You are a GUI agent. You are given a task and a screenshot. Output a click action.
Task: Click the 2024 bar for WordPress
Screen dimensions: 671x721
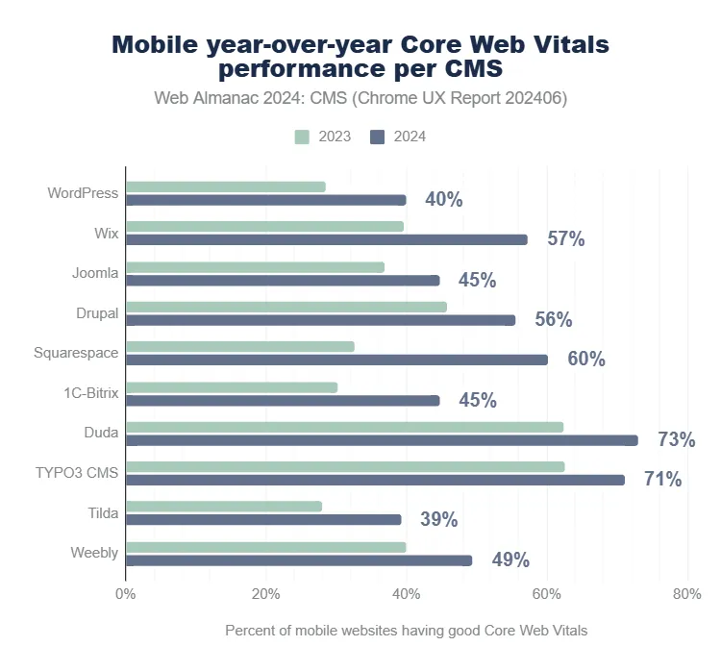point(265,200)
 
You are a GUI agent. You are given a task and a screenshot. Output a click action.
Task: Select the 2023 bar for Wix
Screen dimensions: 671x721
point(264,226)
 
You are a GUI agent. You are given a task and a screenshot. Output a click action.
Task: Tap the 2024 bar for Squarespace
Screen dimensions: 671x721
point(336,360)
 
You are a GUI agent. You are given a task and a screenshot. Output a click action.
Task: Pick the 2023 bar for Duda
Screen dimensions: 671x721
point(344,426)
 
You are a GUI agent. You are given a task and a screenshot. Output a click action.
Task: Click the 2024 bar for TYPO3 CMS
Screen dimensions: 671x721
point(375,480)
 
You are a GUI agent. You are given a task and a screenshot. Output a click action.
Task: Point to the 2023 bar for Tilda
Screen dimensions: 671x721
point(224,506)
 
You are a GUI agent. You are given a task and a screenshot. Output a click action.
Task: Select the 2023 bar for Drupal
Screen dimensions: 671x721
point(286,307)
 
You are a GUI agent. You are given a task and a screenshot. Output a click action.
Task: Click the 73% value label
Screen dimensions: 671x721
point(676,440)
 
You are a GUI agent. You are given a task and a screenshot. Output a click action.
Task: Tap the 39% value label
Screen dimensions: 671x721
point(438,520)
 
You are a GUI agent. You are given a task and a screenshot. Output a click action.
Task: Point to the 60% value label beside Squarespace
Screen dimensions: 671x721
point(586,360)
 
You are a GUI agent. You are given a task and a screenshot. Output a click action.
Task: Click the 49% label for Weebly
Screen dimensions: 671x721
point(510,560)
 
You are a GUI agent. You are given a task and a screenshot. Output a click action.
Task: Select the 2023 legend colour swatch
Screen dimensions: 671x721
point(302,137)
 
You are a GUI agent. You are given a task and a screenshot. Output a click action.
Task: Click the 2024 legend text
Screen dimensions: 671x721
point(409,137)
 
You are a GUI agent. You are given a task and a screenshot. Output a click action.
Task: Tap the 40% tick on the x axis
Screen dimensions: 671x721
point(406,594)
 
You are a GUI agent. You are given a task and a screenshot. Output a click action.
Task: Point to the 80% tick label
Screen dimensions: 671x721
point(686,594)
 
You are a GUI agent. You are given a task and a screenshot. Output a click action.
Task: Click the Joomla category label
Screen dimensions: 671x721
point(95,273)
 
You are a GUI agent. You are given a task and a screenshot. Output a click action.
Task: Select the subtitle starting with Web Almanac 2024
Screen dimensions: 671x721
point(360,98)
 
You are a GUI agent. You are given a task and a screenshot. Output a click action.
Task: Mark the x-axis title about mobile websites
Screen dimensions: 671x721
point(406,631)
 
